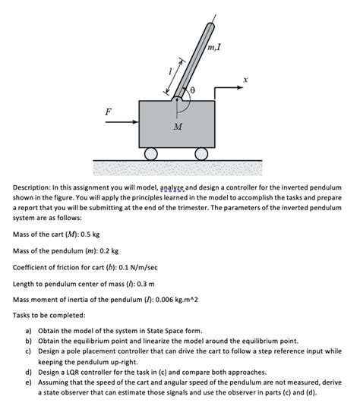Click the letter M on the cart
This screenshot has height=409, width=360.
pyautogui.click(x=177, y=126)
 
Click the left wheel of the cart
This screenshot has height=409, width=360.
pyautogui.click(x=151, y=153)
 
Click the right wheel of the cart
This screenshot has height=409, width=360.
pyautogui.click(x=201, y=153)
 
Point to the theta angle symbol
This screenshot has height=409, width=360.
pyautogui.click(x=192, y=90)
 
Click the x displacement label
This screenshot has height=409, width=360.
pyautogui.click(x=245, y=79)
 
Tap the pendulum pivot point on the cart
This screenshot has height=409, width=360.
pyautogui.click(x=177, y=99)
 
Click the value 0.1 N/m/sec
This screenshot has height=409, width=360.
pyautogui.click(x=140, y=267)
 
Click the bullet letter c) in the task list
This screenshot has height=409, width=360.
pyautogui.click(x=28, y=352)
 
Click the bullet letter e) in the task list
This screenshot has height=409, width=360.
pyautogui.click(x=28, y=382)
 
